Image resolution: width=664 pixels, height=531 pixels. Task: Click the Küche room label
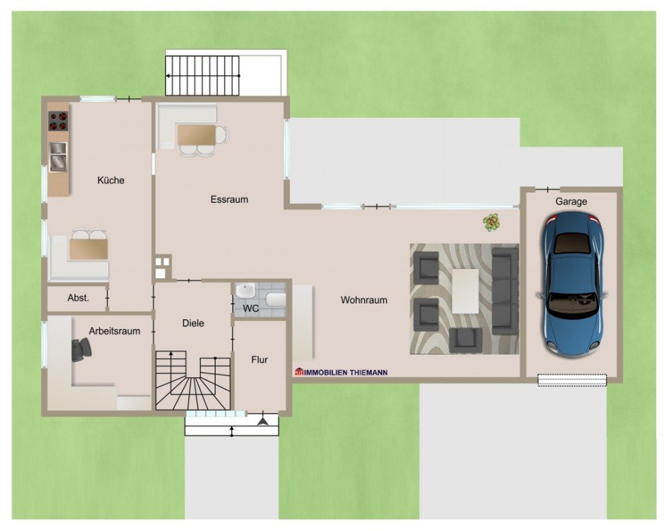click(x=111, y=180)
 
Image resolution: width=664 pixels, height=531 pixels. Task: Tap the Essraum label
click(x=229, y=199)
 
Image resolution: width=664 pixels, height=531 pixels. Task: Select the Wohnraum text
click(x=364, y=300)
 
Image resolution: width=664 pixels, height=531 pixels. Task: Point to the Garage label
click(x=572, y=202)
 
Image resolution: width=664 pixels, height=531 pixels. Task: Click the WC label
click(x=250, y=308)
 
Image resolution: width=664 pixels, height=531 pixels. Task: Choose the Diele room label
click(x=193, y=323)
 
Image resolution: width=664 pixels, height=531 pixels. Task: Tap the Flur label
click(x=259, y=360)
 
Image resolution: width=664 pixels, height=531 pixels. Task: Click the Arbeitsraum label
click(x=114, y=331)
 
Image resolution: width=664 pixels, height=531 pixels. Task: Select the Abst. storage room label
click(x=79, y=298)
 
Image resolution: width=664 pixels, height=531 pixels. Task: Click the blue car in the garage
click(x=571, y=283)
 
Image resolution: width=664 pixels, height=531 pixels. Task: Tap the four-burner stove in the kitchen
click(x=58, y=121)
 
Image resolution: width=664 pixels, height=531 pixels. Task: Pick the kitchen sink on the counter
click(x=58, y=156)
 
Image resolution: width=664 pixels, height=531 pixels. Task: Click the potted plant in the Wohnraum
click(x=492, y=222)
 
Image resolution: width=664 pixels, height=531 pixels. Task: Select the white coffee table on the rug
click(x=466, y=291)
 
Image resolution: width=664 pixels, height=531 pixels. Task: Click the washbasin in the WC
click(x=245, y=290)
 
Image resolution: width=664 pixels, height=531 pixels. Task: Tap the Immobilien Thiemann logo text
click(x=341, y=372)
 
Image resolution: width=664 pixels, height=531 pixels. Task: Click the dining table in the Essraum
click(x=196, y=135)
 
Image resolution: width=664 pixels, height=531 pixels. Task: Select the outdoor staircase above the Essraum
click(x=202, y=76)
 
